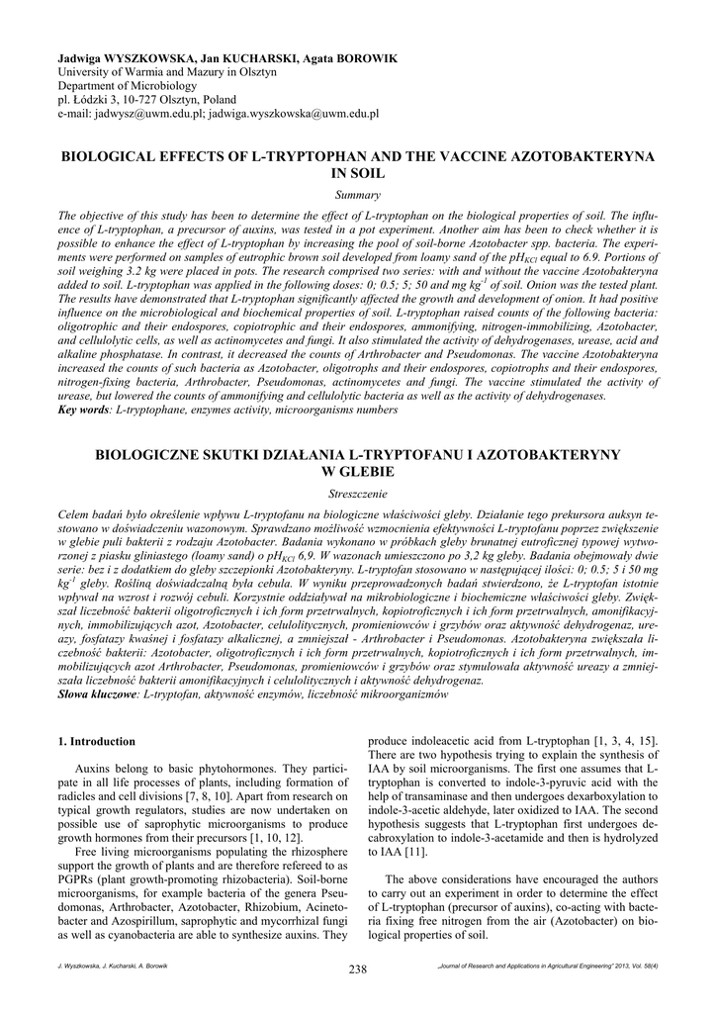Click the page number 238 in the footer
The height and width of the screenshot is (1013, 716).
pos(357,968)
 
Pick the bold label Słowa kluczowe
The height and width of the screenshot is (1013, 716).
pos(98,695)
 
